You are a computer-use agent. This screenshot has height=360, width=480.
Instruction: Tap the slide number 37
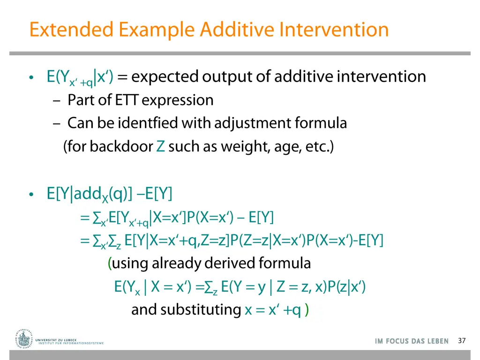[462, 341]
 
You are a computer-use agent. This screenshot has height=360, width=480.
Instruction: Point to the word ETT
[154, 100]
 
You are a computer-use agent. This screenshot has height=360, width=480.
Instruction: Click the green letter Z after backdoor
[160, 147]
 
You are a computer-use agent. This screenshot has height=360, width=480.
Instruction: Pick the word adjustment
[253, 124]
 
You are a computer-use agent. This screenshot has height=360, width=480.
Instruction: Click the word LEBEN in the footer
[437, 341]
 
